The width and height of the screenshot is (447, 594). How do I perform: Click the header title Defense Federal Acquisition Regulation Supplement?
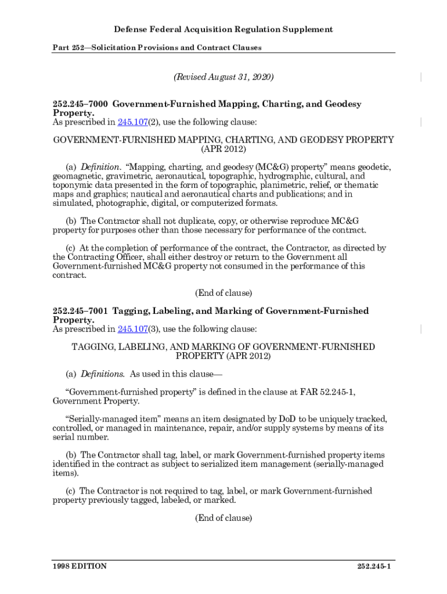click(223, 30)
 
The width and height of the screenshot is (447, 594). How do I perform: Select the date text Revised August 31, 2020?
click(223, 77)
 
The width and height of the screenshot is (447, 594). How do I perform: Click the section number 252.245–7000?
click(80, 104)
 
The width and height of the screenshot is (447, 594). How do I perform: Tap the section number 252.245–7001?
click(80, 312)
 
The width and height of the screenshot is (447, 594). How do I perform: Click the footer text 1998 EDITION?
click(80, 566)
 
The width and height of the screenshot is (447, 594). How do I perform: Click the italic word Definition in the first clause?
click(100, 167)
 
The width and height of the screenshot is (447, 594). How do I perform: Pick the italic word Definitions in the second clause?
click(102, 374)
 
